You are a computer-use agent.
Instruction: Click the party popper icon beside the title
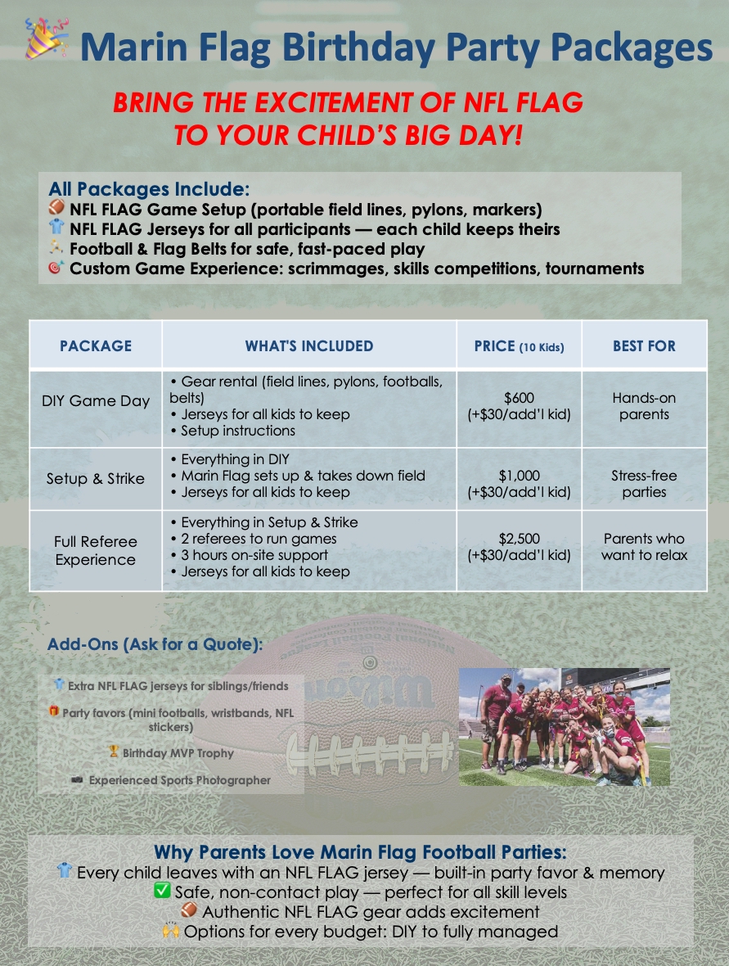tap(46, 38)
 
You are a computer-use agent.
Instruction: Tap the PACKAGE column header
tap(96, 346)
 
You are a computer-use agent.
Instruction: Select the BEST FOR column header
tap(644, 346)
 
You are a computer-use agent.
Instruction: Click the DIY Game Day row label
tap(96, 401)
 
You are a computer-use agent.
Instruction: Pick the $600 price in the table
tap(519, 398)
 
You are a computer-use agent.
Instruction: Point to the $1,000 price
tap(519, 476)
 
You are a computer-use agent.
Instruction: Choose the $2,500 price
tap(519, 539)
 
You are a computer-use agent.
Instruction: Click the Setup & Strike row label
tap(96, 479)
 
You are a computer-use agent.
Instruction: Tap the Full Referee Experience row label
tap(96, 551)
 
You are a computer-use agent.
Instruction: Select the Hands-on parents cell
tap(644, 406)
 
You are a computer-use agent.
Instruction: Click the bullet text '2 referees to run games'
tap(259, 539)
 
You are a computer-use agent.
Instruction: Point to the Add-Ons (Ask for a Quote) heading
tap(155, 644)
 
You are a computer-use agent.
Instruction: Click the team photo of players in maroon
tap(564, 727)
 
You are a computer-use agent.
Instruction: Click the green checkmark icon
tap(162, 891)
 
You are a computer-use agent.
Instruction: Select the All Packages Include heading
tap(149, 188)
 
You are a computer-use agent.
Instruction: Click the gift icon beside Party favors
tap(54, 711)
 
